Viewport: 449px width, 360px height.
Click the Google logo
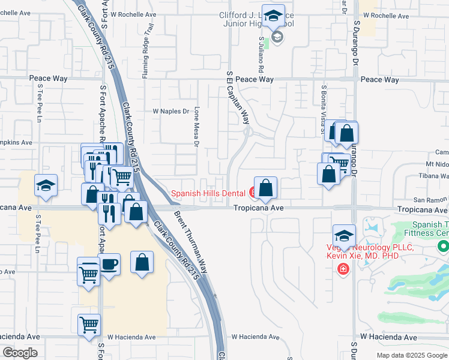20,353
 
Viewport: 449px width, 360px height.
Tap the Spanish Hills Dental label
208,193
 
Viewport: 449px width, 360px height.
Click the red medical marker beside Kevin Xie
343,268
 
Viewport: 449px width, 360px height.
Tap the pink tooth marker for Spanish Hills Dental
253,193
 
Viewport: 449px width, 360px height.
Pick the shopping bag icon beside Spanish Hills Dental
265,188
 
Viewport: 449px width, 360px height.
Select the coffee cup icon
109,265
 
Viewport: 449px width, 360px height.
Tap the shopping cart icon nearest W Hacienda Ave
89,325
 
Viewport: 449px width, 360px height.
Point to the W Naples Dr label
170,111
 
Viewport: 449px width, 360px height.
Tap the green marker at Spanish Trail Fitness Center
443,246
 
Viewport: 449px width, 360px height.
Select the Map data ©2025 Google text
411,355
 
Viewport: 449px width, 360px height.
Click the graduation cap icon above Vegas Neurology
345,235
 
